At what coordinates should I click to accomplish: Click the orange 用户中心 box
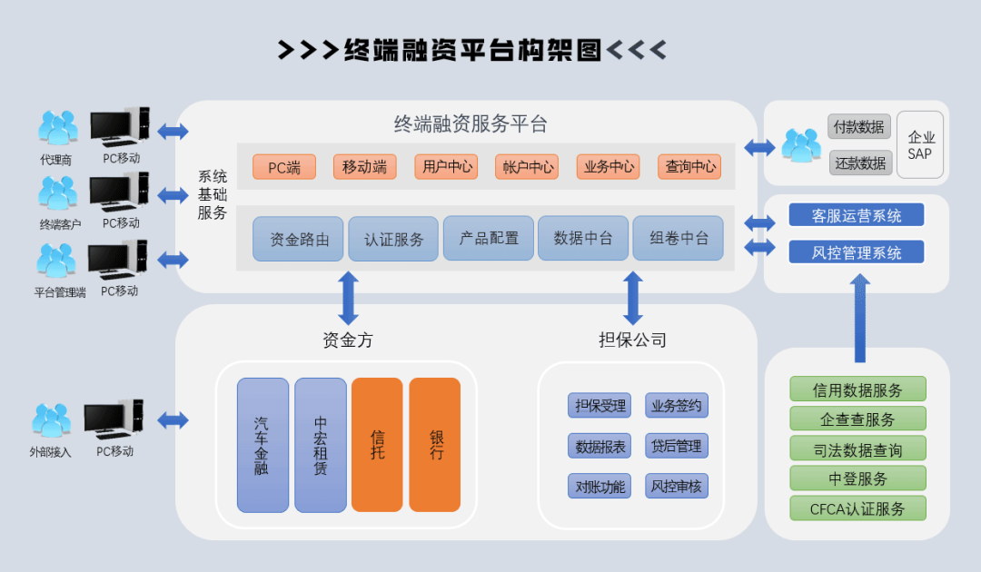(448, 167)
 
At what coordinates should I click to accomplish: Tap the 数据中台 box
(583, 238)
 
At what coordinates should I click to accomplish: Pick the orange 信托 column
(377, 445)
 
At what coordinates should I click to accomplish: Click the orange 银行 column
(435, 445)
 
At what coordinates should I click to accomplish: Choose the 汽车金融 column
(263, 445)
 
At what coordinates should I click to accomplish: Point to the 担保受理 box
(599, 405)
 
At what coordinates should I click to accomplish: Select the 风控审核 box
(677, 486)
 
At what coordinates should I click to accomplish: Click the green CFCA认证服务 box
(857, 508)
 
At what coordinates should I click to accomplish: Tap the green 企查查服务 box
(857, 419)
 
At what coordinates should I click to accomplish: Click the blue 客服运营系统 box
(856, 215)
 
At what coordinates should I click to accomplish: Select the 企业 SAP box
(920, 144)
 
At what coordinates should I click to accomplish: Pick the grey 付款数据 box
(859, 127)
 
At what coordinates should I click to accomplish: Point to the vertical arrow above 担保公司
(633, 298)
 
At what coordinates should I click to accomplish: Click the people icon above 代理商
(56, 128)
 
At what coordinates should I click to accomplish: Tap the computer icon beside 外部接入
(113, 419)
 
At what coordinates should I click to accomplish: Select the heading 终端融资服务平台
(471, 124)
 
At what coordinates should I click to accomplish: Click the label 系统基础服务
(213, 195)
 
